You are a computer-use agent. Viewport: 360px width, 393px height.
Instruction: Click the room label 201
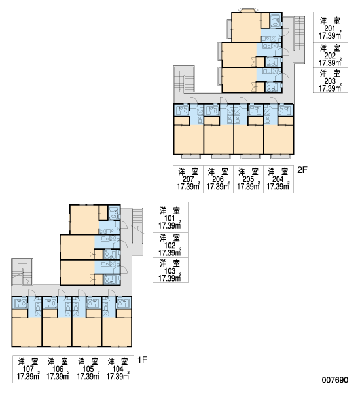(x=330, y=28)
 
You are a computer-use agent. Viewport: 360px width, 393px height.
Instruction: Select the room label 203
(x=330, y=81)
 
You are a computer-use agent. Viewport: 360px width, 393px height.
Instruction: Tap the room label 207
(x=188, y=179)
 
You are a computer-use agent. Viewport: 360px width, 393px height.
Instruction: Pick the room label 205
(x=248, y=179)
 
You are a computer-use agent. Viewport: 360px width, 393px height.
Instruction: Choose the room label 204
(x=278, y=179)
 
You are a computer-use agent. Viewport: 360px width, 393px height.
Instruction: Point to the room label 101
(x=170, y=218)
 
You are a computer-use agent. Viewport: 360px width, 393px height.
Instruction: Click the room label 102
(x=170, y=246)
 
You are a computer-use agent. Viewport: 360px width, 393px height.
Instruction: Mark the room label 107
(x=27, y=369)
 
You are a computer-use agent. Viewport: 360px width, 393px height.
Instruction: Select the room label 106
(x=58, y=369)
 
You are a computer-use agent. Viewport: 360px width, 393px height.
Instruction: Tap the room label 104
(x=118, y=369)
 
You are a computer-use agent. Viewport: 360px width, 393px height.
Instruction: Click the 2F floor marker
(x=302, y=170)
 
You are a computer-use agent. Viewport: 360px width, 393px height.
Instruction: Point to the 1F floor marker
(x=142, y=360)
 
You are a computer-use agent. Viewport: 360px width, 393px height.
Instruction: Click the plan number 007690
(x=335, y=380)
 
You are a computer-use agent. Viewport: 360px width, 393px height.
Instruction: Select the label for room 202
(x=330, y=55)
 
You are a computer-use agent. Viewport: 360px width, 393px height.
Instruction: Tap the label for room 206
(x=218, y=179)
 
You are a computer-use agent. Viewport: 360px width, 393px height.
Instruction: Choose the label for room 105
(x=88, y=369)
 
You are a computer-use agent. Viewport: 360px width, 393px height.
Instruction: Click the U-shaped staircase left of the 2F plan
(x=184, y=79)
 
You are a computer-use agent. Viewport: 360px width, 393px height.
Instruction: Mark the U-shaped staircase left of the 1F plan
(x=22, y=272)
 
